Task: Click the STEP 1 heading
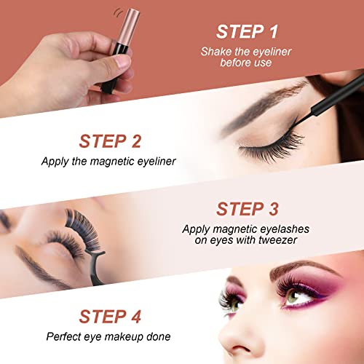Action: tap(247, 32)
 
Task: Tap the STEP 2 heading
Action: tap(110, 141)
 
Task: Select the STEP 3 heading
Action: tap(248, 209)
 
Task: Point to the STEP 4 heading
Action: tap(110, 317)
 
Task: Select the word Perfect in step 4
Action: tap(63, 336)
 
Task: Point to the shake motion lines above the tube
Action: tap(119, 12)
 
